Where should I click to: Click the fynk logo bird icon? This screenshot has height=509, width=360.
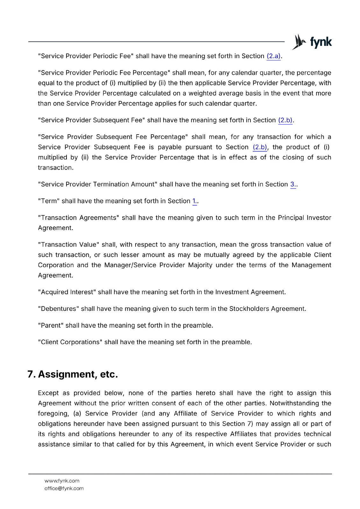pos(299,42)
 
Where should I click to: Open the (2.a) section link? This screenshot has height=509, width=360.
pos(273,56)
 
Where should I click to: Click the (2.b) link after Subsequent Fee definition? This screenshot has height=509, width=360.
pos(285,120)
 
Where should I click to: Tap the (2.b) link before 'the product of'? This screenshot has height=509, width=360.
pos(260,147)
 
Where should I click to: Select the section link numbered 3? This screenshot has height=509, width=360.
pos(293,185)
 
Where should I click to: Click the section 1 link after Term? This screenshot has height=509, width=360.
pos(194,201)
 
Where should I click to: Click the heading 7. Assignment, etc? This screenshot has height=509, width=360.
pos(73,374)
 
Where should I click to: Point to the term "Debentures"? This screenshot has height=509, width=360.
pos(58,309)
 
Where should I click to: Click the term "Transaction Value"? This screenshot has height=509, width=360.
pos(68,245)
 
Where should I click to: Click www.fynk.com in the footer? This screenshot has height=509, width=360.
pos(62,481)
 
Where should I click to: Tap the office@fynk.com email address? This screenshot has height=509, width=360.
pos(64,489)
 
